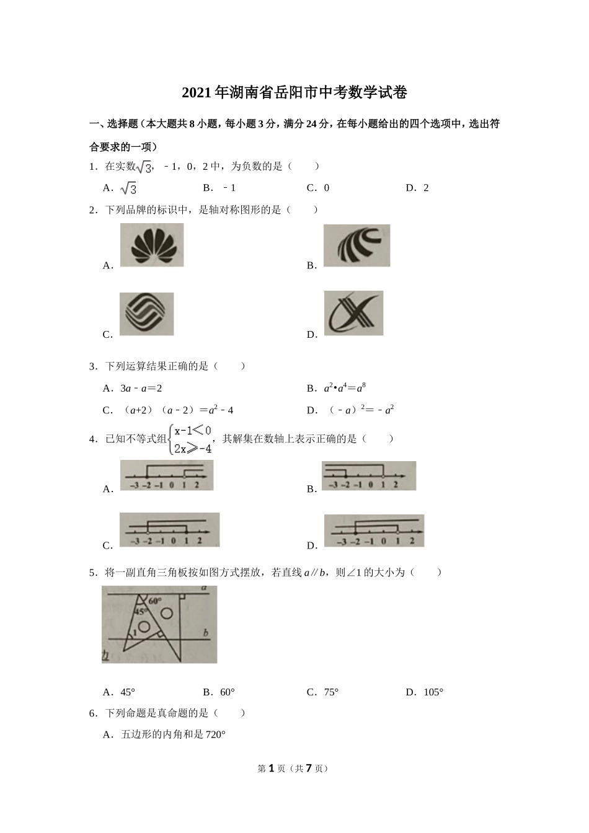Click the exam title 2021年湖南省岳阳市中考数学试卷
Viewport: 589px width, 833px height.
294,93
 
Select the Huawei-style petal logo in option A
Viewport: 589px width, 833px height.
151,245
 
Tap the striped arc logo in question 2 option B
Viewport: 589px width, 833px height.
356,245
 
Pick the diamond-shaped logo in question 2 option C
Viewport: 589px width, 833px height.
146,314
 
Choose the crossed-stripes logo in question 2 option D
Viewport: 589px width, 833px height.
353,314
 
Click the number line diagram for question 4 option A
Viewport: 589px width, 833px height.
166,475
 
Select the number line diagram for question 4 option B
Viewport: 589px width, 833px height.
368,476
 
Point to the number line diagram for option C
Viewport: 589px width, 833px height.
169,530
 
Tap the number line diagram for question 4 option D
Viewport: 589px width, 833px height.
374,531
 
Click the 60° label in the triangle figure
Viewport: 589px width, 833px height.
155,600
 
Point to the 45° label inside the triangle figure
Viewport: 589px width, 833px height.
141,611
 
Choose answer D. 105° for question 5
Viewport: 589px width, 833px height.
425,692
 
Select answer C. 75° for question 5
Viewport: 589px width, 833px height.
323,692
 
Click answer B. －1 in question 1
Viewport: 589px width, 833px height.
219,188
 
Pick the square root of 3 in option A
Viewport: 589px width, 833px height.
128,188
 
